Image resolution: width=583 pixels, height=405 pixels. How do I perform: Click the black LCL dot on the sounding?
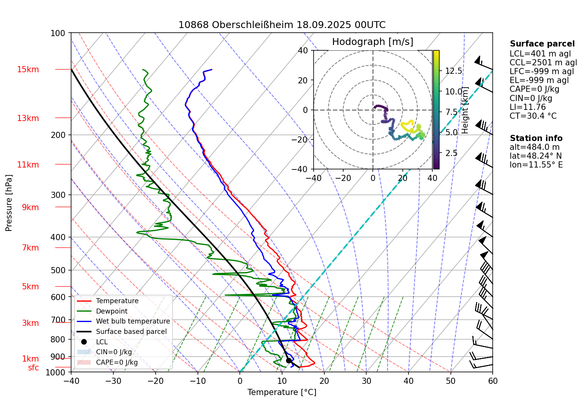coord(289,360)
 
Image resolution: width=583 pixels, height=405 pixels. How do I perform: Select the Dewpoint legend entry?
coord(111,311)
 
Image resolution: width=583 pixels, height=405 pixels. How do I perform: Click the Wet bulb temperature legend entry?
coord(133,321)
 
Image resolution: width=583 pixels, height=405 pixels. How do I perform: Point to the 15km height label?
coord(28,70)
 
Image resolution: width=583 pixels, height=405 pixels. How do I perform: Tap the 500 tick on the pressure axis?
coord(58,270)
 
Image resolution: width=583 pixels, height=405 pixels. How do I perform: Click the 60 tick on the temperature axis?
coord(492,381)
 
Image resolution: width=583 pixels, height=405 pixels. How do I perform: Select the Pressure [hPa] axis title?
coord(9,203)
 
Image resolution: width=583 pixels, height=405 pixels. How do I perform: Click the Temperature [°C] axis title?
coord(282,392)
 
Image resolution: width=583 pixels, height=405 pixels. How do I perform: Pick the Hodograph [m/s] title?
coord(372,42)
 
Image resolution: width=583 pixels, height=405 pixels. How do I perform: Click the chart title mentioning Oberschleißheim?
coord(282,25)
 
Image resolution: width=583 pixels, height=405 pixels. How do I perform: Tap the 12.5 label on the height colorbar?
coord(453,71)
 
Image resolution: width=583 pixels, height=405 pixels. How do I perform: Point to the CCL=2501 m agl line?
coord(543,63)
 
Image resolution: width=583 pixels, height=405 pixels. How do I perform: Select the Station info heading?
coord(536,138)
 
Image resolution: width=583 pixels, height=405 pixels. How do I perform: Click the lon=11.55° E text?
coord(536,165)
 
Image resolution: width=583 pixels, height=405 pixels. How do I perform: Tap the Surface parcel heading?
coord(542,44)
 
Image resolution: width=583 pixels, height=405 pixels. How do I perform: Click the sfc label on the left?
coord(33,368)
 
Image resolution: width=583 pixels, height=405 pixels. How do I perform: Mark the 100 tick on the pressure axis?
coord(58,33)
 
